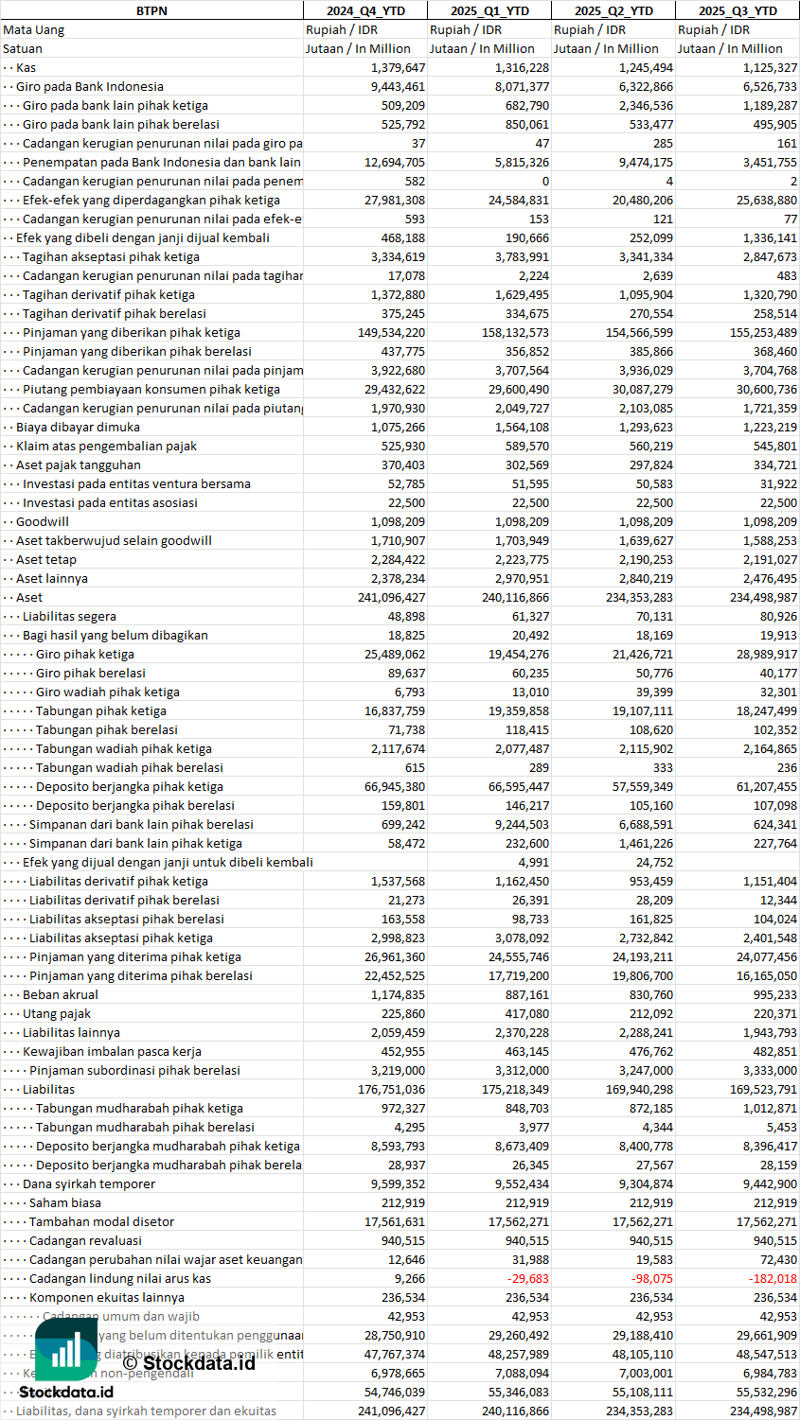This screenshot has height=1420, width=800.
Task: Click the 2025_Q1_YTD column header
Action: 489,10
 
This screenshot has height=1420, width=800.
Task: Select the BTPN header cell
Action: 151,10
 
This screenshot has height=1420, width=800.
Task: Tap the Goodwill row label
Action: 43,521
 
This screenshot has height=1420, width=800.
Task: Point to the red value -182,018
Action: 773,1278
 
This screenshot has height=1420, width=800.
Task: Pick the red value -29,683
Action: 525,1278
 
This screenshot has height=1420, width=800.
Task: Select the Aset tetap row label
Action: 46,559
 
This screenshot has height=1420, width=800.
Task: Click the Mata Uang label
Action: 34,29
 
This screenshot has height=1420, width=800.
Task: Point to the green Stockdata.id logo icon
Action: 66,1348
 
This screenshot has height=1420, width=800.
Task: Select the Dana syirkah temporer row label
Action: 89,1183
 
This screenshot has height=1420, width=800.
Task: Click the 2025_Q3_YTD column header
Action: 738,10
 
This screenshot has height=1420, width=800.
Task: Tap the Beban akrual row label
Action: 61,994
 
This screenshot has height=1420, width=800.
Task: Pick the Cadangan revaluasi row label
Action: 85,1240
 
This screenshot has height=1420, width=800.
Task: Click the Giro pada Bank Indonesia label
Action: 90,86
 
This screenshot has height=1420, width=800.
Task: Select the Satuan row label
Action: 23,48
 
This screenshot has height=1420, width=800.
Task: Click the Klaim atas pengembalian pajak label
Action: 106,446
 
